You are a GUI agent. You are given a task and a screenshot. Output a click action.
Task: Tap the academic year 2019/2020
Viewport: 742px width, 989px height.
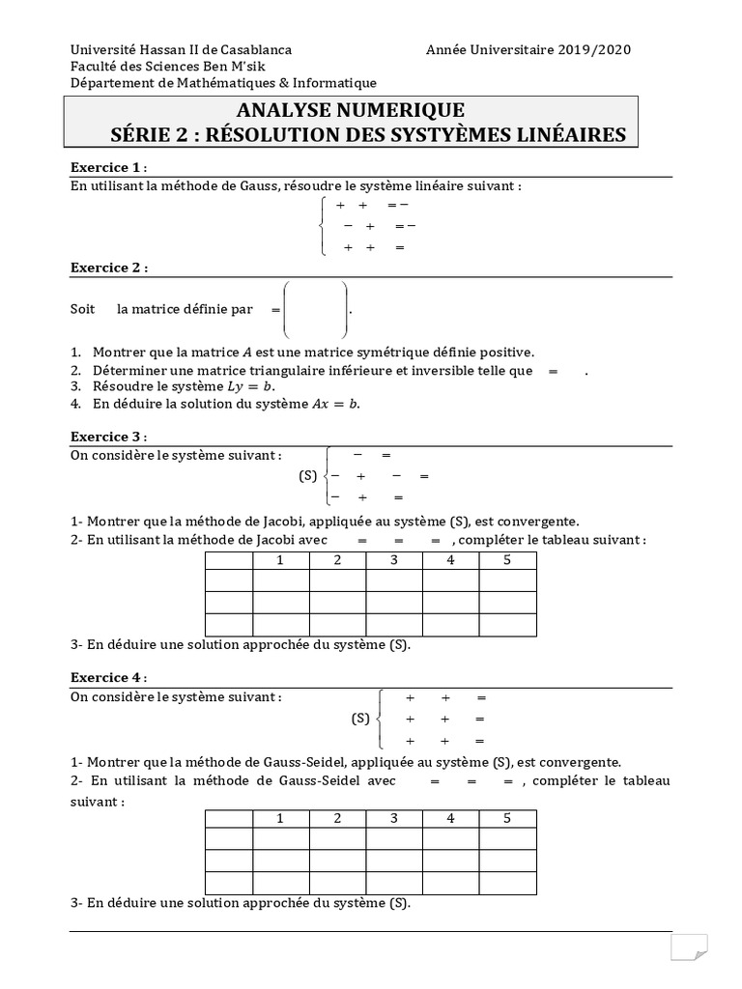click(x=593, y=49)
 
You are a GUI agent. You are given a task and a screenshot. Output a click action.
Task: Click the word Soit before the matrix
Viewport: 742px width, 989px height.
click(x=83, y=310)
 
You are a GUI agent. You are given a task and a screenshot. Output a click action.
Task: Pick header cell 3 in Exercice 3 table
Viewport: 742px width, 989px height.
click(x=393, y=560)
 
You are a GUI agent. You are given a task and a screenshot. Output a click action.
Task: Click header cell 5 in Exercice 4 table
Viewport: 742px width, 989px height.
click(x=507, y=819)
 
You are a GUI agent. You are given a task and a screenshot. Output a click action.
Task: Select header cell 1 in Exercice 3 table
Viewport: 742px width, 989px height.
click(x=280, y=560)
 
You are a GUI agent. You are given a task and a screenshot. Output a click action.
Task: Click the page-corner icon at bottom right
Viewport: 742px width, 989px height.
click(x=690, y=947)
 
